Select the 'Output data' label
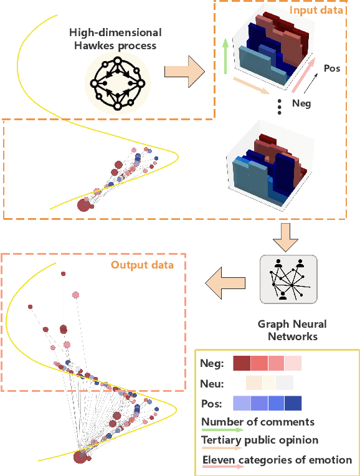coord(142,265)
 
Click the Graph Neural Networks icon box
coord(288,280)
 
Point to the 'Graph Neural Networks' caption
coord(292,330)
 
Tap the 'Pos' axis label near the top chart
coord(332,68)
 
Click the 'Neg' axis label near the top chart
coord(301,104)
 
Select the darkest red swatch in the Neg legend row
coord(241,363)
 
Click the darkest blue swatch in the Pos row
coord(293,403)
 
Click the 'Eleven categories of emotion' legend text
coord(277,460)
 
